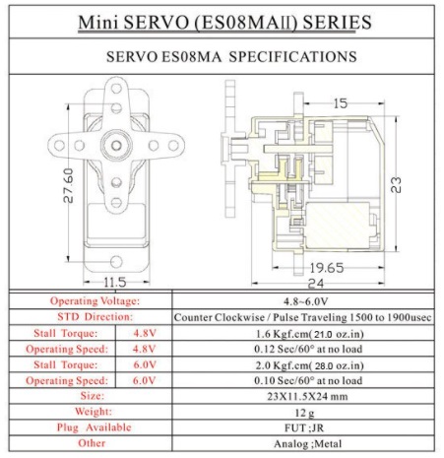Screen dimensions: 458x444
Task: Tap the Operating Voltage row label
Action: coord(95,300)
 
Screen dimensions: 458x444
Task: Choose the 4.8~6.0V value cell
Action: coord(306,300)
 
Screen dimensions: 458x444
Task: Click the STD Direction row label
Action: coord(95,317)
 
